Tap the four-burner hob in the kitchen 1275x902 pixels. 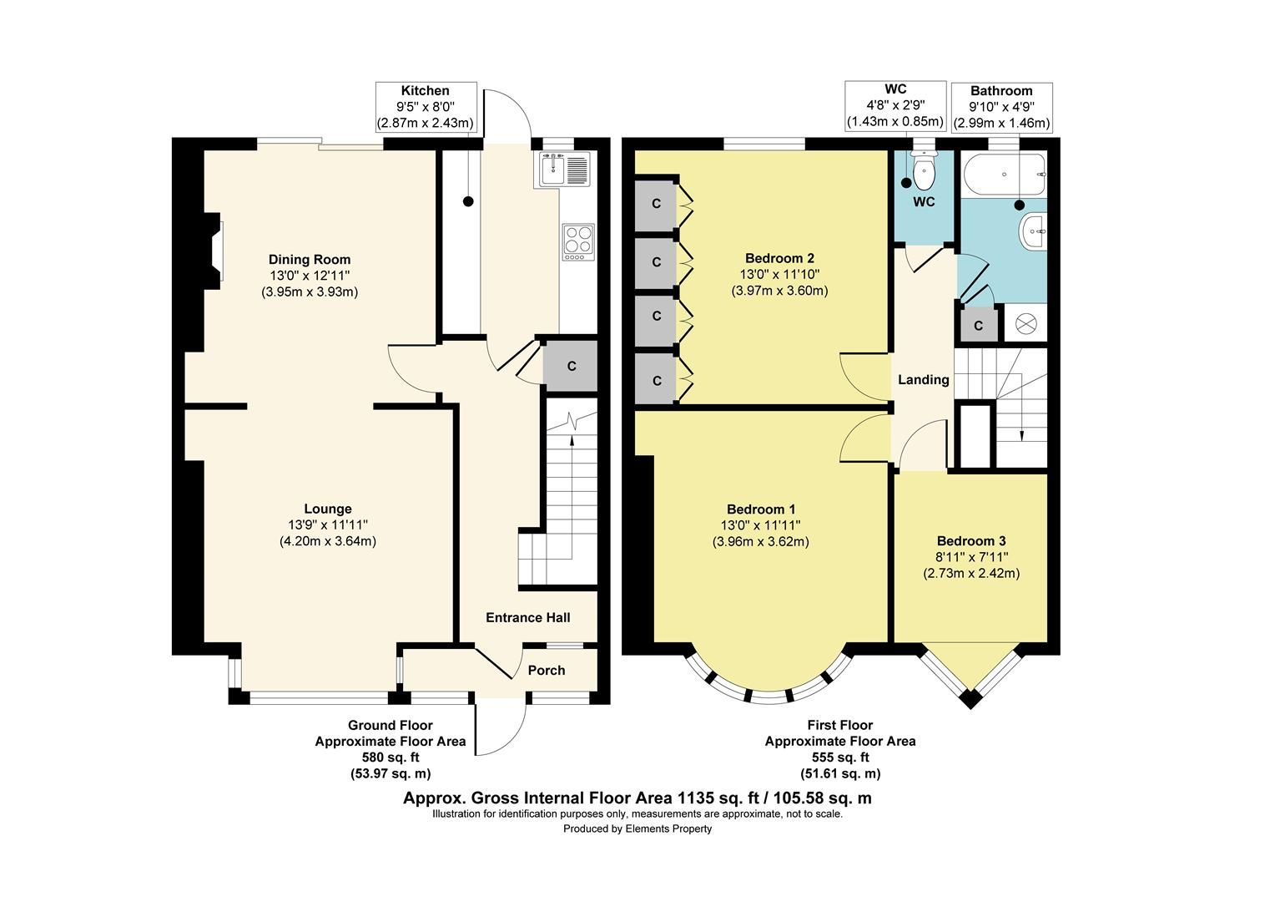pos(578,241)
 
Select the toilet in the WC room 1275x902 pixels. pos(924,173)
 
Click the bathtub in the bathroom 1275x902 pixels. pos(1004,175)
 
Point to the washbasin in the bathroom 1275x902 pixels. pos(1034,230)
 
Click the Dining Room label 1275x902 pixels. pos(310,259)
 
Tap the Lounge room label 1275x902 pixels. pos(327,509)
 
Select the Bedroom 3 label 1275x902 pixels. pos(971,540)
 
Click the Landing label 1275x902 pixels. pos(923,380)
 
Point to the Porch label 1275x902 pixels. pos(547,670)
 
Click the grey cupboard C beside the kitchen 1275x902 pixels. pos(571,366)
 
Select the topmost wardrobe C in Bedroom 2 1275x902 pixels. pos(657,203)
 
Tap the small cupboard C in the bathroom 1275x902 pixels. pos(978,325)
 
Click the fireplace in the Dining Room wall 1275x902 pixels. pos(216,249)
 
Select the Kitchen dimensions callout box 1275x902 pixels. pos(426,107)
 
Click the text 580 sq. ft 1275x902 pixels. pos(390,758)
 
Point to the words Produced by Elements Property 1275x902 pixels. pos(637,829)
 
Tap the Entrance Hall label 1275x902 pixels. pos(528,617)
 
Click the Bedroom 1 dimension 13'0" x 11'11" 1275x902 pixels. pos(760,525)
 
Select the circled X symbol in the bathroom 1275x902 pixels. pos(1025,323)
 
